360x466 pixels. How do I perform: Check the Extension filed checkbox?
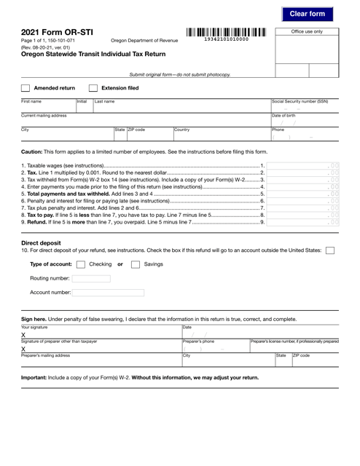[x=93, y=87]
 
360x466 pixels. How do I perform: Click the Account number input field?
[x=108, y=293]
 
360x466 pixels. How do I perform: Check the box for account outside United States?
[x=330, y=250]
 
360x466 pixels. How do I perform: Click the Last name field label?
[x=103, y=103]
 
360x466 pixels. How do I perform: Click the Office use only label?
[x=306, y=32]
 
